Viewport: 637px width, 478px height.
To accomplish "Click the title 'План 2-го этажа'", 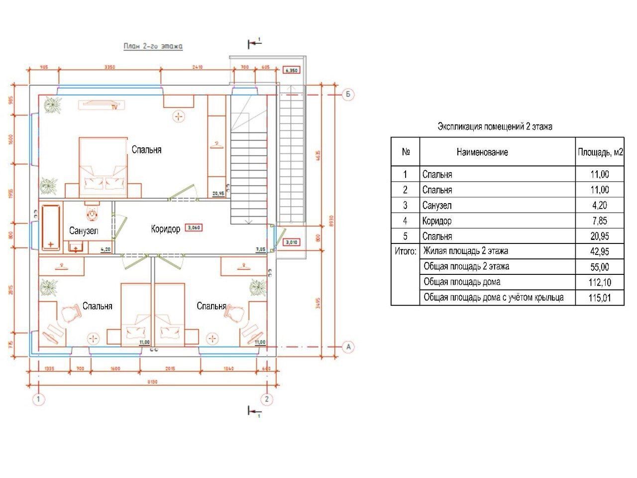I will click(x=153, y=46).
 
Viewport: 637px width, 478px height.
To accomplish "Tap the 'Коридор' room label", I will click(x=165, y=229).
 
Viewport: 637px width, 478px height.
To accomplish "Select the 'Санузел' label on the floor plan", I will click(x=84, y=231).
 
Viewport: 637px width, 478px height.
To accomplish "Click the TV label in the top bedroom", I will click(x=114, y=107).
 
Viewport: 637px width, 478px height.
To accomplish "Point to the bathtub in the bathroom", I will click(x=51, y=227).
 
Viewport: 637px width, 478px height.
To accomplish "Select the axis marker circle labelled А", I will click(x=349, y=347).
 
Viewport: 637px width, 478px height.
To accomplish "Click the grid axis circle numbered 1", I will click(x=37, y=399).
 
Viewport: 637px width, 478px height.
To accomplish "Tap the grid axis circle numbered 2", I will click(x=267, y=399).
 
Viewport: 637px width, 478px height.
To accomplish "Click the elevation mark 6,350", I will click(x=292, y=70).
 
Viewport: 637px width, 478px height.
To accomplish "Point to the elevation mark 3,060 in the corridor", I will click(x=194, y=228).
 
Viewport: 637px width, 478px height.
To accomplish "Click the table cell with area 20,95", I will click(x=599, y=236).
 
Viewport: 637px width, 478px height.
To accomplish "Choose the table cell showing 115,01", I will click(x=599, y=298).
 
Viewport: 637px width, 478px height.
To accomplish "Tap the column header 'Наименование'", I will click(x=482, y=152).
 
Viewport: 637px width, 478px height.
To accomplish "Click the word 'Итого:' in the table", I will click(x=405, y=251).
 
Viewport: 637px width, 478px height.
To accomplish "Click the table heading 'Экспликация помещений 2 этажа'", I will click(x=494, y=126).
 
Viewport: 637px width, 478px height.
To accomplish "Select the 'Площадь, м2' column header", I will click(x=600, y=152).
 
